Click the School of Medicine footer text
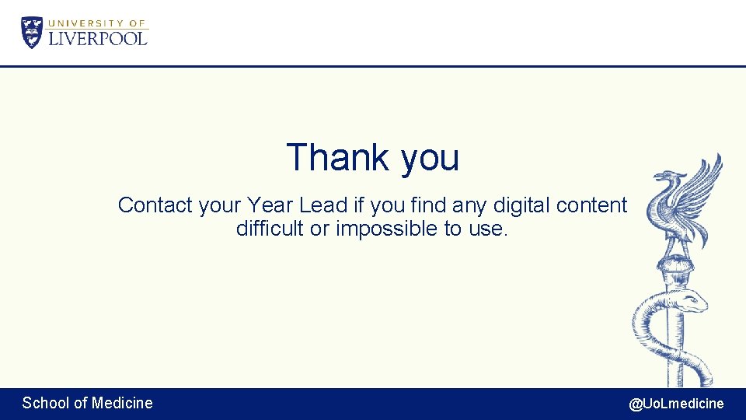(87, 403)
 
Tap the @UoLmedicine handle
(676, 404)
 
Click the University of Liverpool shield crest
(32, 33)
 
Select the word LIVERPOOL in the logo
(98, 38)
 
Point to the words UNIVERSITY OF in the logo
(97, 23)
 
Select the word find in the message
(428, 205)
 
